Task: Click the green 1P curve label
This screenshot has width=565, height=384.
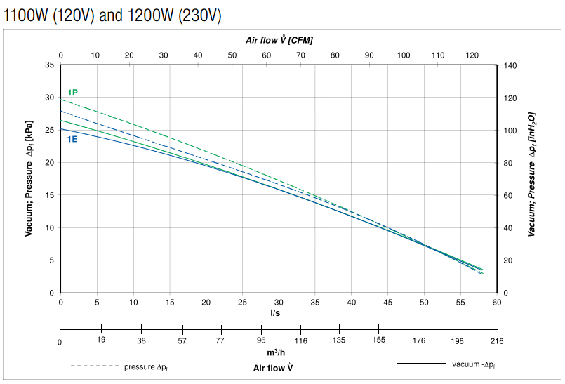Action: [72, 93]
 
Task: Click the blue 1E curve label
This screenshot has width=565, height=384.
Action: [72, 139]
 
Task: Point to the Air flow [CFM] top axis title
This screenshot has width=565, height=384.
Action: [279, 40]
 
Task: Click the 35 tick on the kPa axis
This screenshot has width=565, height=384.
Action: [49, 65]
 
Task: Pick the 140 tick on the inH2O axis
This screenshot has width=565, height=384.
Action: [510, 65]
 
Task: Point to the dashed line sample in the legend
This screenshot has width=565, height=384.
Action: [94, 366]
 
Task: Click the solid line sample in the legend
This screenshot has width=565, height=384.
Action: [421, 364]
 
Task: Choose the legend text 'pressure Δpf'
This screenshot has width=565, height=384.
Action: [149, 366]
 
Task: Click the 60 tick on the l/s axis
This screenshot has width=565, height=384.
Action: [496, 303]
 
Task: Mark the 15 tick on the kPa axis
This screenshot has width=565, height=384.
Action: [49, 195]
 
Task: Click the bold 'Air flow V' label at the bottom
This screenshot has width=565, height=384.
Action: [273, 367]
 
